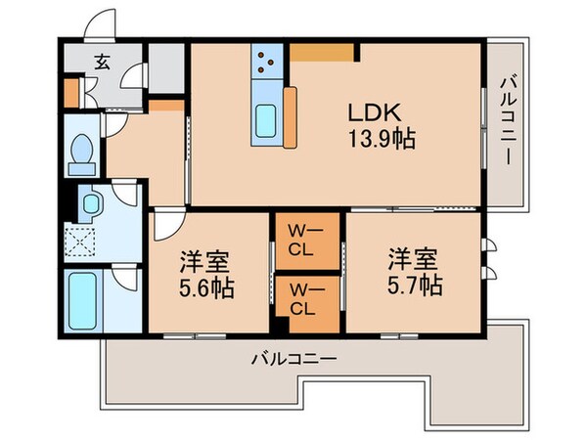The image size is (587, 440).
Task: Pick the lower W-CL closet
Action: pyautogui.click(x=302, y=300)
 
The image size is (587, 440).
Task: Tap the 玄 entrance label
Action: pyautogui.click(x=102, y=62)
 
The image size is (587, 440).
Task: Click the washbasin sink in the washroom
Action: pyautogui.click(x=92, y=203)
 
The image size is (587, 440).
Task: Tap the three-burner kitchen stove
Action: pyautogui.click(x=266, y=64)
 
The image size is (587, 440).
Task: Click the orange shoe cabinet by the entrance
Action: pyautogui.click(x=71, y=89)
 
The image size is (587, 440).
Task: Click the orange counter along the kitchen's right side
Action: pyautogui.click(x=291, y=117)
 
